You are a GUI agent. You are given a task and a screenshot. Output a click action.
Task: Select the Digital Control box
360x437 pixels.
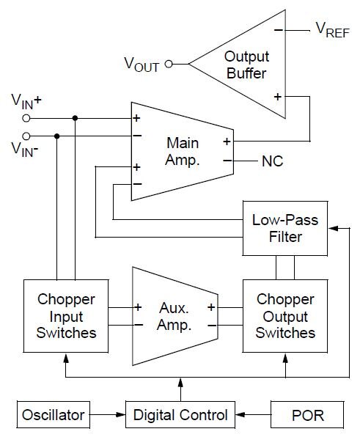tap(180, 415)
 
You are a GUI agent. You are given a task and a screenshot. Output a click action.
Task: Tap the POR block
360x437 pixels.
tap(309, 415)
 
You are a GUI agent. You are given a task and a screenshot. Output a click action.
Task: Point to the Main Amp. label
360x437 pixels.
tap(183, 151)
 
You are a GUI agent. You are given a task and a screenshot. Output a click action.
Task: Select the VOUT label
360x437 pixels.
tap(142, 64)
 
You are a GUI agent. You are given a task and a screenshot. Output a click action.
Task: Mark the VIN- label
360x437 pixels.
tap(25, 150)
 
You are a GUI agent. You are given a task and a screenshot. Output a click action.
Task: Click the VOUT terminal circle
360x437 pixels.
tap(168, 64)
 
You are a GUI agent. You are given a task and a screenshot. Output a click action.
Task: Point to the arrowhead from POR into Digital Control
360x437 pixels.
tap(241, 415)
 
